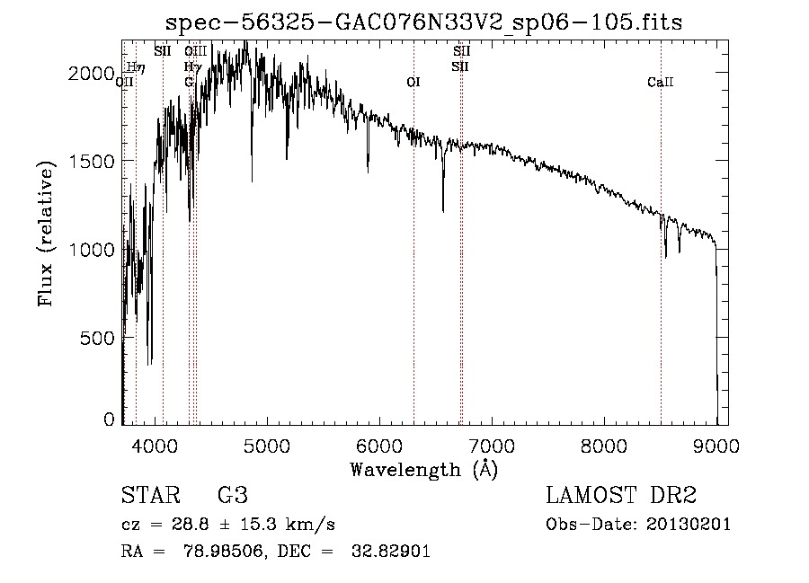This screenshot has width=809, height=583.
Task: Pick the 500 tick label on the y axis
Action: tap(99, 338)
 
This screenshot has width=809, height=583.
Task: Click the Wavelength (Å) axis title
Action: tap(423, 469)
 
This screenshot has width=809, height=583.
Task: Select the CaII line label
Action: tap(660, 83)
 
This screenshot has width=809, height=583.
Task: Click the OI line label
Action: tap(413, 83)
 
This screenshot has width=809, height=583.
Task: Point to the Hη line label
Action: tap(135, 66)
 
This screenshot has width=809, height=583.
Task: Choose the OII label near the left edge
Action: tap(125, 82)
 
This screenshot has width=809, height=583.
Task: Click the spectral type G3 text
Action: tap(233, 496)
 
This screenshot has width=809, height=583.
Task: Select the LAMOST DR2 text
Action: tap(621, 496)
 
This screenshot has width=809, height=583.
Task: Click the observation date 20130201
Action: tap(689, 524)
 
